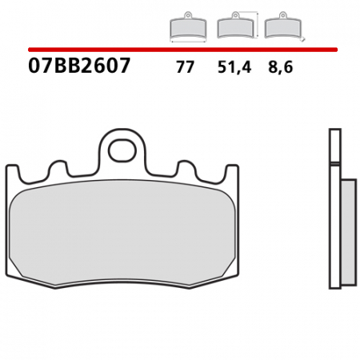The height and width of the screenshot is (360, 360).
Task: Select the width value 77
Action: (185, 68)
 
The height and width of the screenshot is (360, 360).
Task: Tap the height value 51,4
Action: (234, 68)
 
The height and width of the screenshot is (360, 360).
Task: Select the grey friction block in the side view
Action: (348, 232)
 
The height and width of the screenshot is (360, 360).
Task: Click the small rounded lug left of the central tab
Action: (58, 169)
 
